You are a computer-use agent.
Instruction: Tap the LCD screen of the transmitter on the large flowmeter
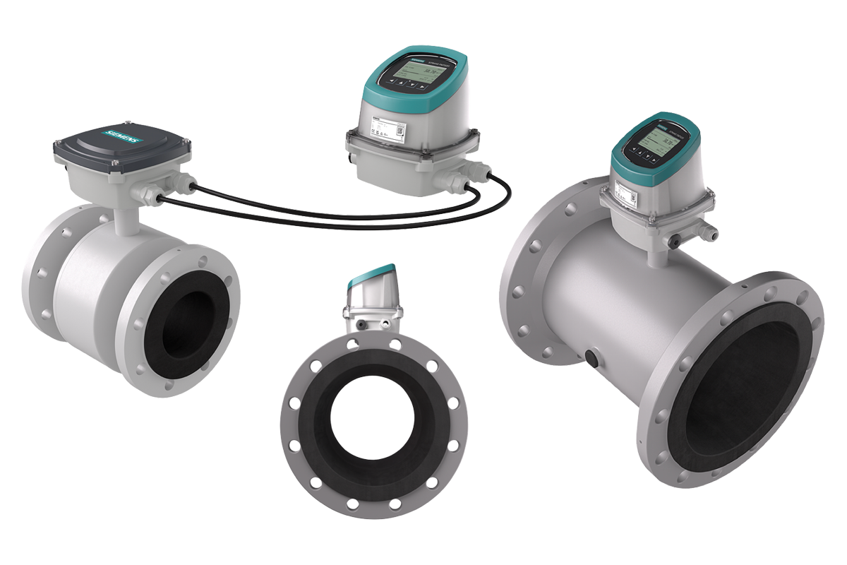point(654,143)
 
